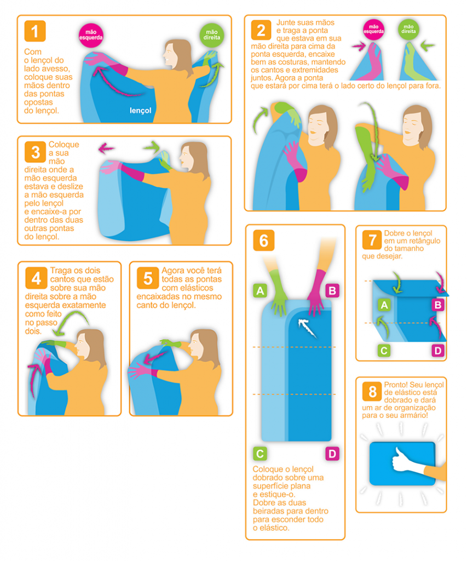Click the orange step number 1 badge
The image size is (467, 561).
click(x=34, y=31)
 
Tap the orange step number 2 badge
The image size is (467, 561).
click(x=261, y=30)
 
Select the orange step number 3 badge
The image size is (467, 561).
click(x=36, y=152)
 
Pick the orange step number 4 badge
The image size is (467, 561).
click(x=36, y=278)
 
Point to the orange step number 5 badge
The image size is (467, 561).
click(x=148, y=278)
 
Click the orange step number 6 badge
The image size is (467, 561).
click(x=263, y=240)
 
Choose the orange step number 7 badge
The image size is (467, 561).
click(x=372, y=239)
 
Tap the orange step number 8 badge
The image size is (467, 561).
click(x=372, y=391)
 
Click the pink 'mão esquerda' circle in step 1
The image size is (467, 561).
click(x=91, y=35)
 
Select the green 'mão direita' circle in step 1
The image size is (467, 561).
click(x=212, y=35)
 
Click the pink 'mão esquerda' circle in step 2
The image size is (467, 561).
click(x=374, y=29)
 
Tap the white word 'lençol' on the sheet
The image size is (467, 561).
click(x=140, y=111)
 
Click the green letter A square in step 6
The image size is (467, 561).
click(x=260, y=290)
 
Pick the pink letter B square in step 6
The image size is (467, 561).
click(x=332, y=290)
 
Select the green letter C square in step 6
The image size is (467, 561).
click(x=260, y=454)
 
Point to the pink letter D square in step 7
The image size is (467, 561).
click(x=437, y=350)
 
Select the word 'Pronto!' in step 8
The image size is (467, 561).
click(x=395, y=385)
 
